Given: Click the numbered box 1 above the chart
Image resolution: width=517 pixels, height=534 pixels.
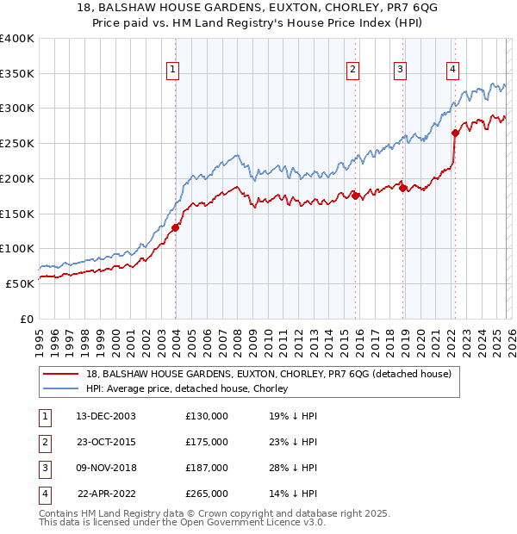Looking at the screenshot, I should [x=173, y=71].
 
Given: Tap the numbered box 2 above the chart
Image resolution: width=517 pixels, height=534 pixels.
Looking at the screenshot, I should [x=353, y=71].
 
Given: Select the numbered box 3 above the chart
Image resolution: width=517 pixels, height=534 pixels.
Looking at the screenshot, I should [x=401, y=71].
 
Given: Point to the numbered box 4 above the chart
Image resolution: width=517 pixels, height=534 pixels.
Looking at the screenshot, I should [x=452, y=71].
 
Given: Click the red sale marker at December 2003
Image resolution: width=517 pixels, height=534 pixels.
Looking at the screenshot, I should [x=176, y=227].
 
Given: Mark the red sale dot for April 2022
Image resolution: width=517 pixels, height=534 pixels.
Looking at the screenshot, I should [x=455, y=133].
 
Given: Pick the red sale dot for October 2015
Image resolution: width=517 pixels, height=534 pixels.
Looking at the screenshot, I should [x=355, y=196].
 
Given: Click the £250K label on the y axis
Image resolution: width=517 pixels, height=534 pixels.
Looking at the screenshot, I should [x=17, y=143].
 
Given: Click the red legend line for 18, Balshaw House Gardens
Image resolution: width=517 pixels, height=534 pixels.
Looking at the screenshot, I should [x=63, y=375].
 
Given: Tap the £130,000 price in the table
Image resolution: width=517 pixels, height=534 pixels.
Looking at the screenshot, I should [x=207, y=416].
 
